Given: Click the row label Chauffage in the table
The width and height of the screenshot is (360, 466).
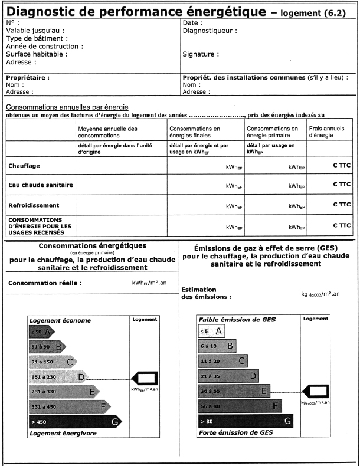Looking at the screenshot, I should [24, 166].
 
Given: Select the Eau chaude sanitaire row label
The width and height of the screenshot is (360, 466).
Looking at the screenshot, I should [40, 185].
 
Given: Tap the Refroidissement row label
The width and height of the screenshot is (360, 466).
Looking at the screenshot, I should [34, 205].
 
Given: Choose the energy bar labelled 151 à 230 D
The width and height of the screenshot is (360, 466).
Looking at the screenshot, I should [57, 376].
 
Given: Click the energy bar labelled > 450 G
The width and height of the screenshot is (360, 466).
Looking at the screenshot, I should [75, 421].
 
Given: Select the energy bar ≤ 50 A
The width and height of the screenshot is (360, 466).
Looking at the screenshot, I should [41, 332].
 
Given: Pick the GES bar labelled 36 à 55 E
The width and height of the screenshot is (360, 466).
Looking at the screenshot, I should [234, 390].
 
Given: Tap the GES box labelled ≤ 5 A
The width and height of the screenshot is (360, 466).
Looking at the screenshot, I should [212, 332].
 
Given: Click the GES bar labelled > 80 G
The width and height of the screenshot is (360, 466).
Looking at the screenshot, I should [246, 421].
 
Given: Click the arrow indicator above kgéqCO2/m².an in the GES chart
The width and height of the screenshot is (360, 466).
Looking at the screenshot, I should [315, 390].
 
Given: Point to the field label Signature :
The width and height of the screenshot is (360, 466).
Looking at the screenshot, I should [201, 54].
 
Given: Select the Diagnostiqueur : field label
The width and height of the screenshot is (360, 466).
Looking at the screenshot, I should [210, 31].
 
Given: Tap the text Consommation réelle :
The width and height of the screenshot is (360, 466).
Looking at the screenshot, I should [45, 283].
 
